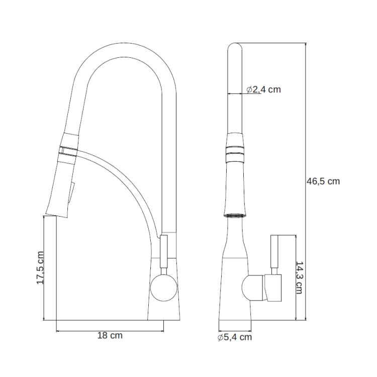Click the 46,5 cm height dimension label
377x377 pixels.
coord(323,181)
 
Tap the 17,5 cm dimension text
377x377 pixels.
coord(40,268)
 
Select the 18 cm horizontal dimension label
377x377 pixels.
coord(110,335)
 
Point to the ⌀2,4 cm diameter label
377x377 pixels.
coord(264,89)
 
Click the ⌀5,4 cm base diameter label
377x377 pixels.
coord(235,337)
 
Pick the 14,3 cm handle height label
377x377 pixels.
coord(299,277)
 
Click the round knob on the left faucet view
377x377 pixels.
coord(164,288)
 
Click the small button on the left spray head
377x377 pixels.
coord(72,193)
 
